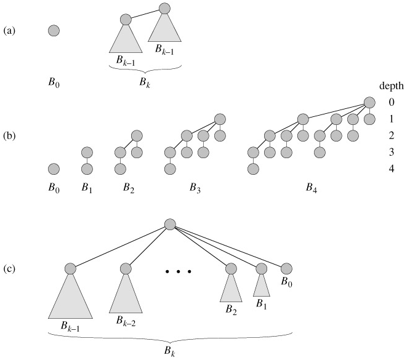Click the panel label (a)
point(10,30)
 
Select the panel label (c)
point(10,270)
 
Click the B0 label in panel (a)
point(54,81)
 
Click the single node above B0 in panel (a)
point(54,30)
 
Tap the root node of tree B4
point(369,102)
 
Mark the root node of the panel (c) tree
point(171,225)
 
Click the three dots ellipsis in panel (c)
point(180,271)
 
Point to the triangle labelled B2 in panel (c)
point(231,289)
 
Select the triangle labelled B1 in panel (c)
point(261,286)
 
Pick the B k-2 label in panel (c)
point(126,320)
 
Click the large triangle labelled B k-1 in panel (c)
point(70,298)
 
